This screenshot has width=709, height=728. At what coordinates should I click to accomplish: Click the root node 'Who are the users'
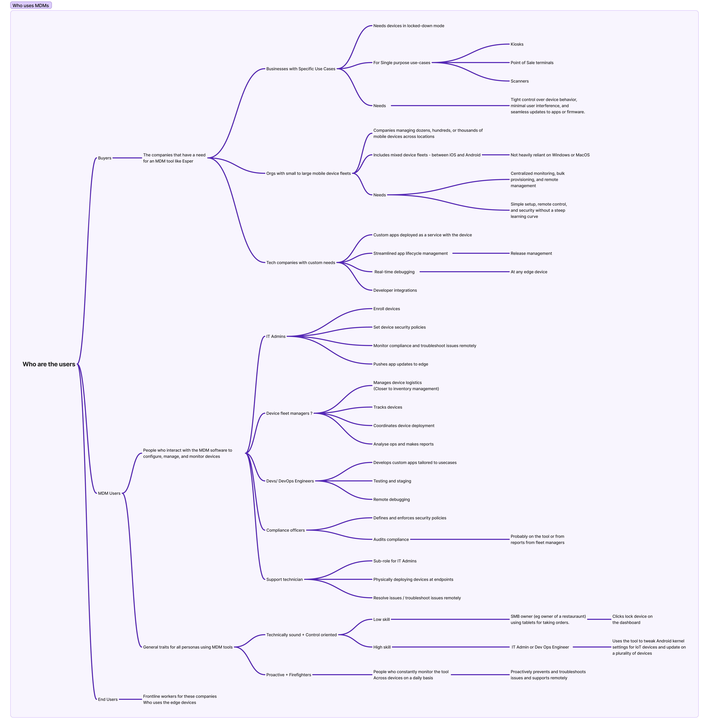point(49,364)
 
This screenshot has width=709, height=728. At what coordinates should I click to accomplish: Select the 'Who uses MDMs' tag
point(31,5)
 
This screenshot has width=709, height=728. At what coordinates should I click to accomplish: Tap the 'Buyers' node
point(105,158)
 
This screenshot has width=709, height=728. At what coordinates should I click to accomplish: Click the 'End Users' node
point(108,699)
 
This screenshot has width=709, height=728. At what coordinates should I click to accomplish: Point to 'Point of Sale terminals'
point(532,63)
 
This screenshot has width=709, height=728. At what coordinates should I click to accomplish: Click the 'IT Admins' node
point(276,336)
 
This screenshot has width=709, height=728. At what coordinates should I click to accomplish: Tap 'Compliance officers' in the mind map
point(285,530)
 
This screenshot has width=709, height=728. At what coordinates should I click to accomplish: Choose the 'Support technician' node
point(284,579)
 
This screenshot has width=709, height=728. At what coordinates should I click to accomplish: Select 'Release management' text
point(531,253)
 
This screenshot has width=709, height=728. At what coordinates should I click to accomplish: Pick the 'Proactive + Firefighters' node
point(289,675)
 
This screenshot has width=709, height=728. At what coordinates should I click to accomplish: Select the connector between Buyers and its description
point(127,158)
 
